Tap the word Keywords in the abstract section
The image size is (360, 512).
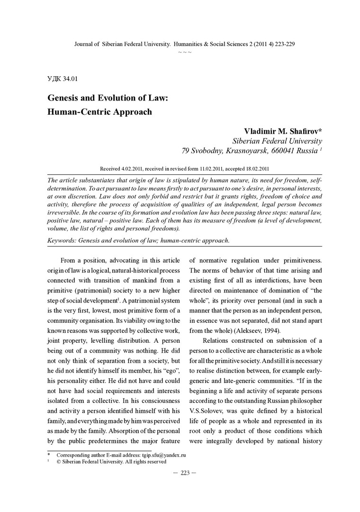pos(63,240)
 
